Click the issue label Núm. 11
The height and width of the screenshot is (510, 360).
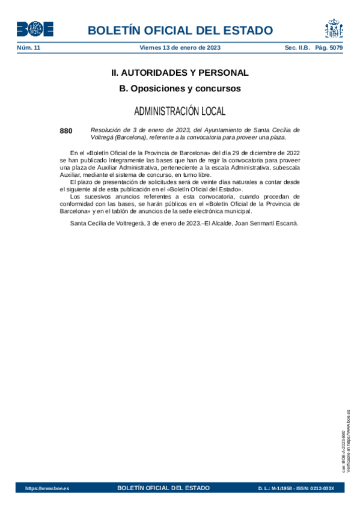coord(28,47)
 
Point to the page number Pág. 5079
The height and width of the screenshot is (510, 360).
coord(328,47)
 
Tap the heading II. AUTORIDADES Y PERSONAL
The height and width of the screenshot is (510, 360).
coord(180,73)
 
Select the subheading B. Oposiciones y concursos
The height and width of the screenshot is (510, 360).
coord(180,88)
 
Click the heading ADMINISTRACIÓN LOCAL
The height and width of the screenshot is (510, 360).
coord(180,111)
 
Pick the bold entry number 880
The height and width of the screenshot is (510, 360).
coord(66,131)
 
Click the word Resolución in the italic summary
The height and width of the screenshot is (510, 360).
coord(106,130)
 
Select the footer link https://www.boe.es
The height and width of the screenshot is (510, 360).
coord(47,488)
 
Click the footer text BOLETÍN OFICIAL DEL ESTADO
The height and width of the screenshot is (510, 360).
coord(163,488)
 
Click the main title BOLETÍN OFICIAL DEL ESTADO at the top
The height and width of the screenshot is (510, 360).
coord(180,31)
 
